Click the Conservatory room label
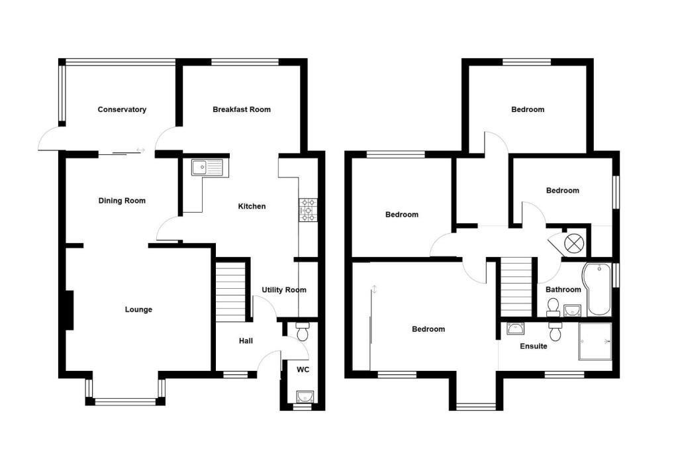tap(122, 109)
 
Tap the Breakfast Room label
tap(242, 109)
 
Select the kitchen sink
tap(209, 168)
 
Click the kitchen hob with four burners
tap(309, 209)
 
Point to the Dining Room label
tap(122, 201)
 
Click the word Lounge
tap(138, 309)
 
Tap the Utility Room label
tap(284, 289)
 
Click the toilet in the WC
tap(303, 331)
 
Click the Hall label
tap(246, 341)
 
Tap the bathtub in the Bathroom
tap(597, 289)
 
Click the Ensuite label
tap(533, 346)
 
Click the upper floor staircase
tap(516, 287)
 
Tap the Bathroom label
tap(563, 289)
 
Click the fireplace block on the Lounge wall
tap(68, 309)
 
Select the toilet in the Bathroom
tap(554, 306)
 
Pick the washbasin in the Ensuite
tap(514, 328)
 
